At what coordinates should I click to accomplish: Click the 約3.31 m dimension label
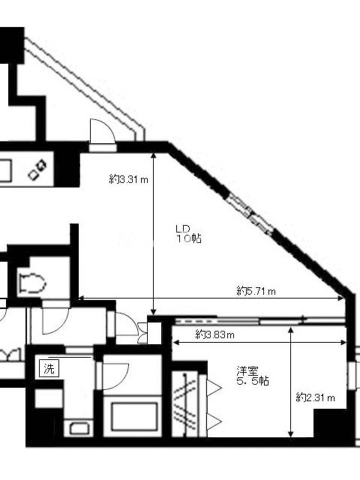pos(128,179)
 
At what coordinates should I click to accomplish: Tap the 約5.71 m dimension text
pos(256,291)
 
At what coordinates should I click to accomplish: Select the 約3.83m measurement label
pos(215,335)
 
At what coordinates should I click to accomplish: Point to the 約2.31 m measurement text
pos(316,398)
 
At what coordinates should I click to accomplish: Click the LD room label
pos(183,229)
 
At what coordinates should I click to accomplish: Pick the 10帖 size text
pos(188,238)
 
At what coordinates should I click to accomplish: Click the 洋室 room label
pos(247,371)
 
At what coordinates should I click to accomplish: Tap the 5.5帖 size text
pos(253,381)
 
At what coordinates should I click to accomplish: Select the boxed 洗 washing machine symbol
pos(49,368)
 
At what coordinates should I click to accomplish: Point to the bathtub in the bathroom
pos(132,417)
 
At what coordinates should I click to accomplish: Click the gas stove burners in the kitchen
pos(37,170)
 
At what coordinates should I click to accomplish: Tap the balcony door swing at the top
pos(103,131)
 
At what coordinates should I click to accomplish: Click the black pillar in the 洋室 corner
pos(330,424)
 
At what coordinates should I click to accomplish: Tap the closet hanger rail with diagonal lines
pos(185,404)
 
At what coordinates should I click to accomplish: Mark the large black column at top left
pos(11,46)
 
